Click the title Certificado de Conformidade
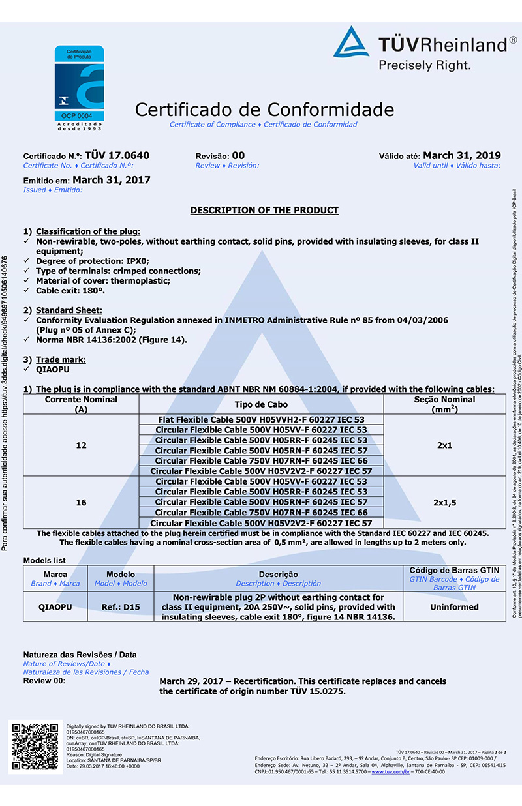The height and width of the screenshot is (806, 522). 264,109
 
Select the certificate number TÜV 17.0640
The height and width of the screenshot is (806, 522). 117,155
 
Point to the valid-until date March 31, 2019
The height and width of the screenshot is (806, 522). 462,155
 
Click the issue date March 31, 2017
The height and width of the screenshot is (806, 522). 112,180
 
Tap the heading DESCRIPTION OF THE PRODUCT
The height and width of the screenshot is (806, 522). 264,211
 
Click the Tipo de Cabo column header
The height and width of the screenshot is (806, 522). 261,404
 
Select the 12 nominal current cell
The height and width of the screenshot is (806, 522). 81,445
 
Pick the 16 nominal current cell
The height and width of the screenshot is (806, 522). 81,503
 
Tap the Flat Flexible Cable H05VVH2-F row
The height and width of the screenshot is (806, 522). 261,419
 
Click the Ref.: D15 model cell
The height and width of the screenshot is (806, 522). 121,607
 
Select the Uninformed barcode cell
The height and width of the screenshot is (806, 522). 454,607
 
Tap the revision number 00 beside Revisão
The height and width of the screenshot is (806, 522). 238,155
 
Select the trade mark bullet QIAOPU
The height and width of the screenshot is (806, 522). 52,370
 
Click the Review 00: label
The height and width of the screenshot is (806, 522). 44,681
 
